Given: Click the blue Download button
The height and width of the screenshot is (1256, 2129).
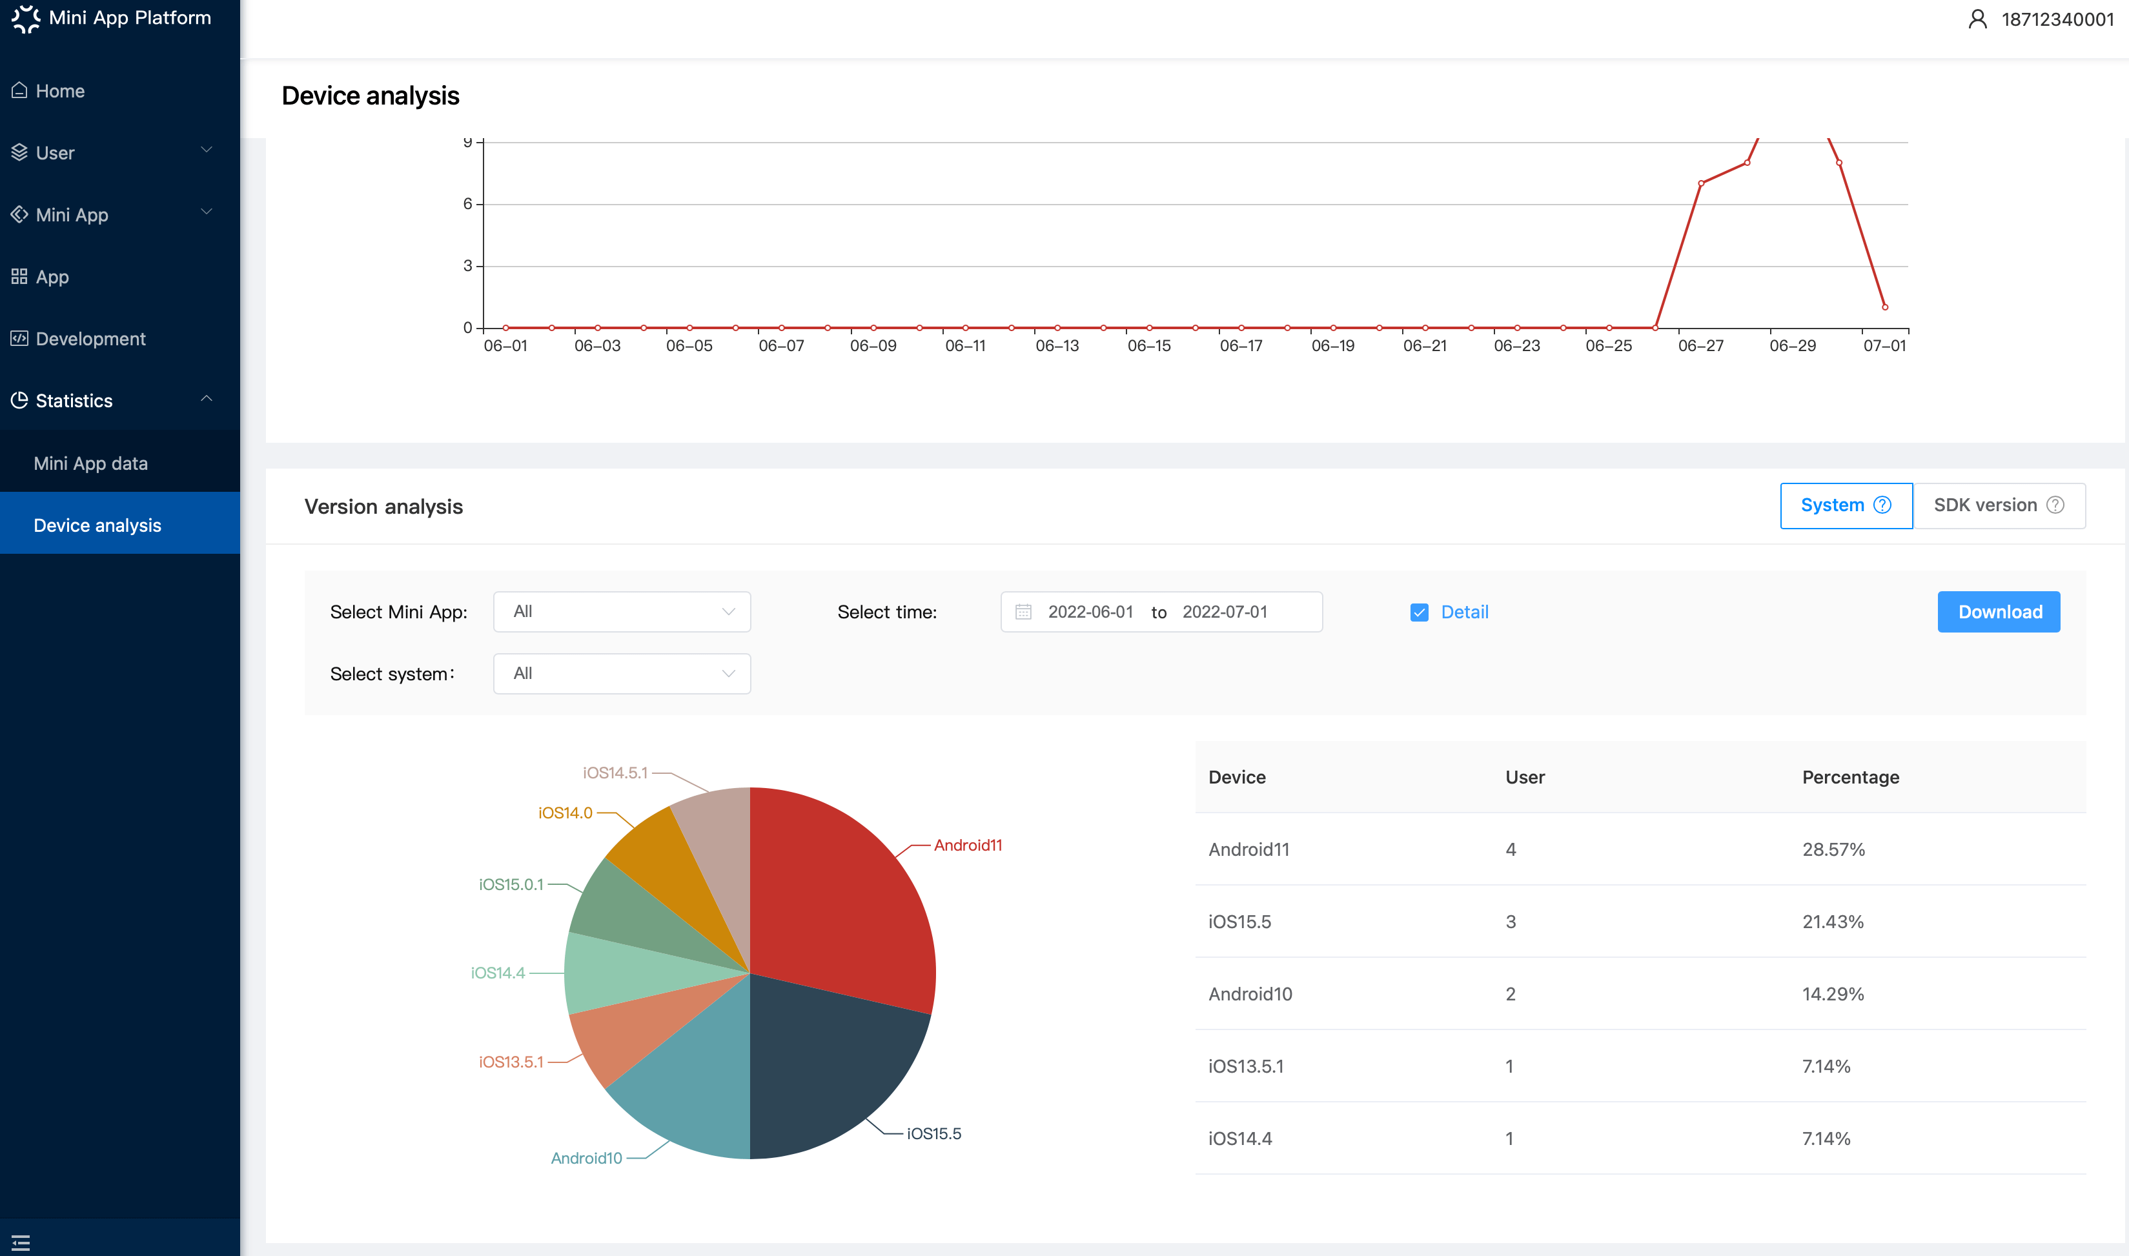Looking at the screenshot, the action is tap(1999, 612).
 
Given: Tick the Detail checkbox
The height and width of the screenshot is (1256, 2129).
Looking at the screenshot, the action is tap(1420, 612).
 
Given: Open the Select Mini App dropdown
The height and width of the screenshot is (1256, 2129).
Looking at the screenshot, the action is tap(622, 612).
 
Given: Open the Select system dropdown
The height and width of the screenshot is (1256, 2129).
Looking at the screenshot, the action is tap(622, 674).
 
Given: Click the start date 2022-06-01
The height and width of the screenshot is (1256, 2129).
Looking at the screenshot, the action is tap(1090, 612).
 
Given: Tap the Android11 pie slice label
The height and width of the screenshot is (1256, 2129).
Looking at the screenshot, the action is tap(968, 845).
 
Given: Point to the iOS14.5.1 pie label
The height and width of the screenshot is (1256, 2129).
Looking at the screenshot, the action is tap(615, 773).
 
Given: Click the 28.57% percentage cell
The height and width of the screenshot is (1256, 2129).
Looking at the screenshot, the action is tap(1833, 849).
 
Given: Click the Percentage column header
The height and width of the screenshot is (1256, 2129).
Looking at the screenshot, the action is tap(1851, 777).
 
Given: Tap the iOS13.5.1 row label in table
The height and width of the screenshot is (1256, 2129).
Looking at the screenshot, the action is tap(1246, 1066).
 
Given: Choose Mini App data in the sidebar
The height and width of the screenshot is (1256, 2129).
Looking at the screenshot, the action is tap(90, 463).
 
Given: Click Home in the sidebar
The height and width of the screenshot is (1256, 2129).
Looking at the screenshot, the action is tap(60, 90).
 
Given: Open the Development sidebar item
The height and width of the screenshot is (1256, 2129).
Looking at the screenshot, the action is tap(90, 339).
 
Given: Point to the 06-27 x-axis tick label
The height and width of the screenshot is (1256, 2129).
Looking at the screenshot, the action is tap(1700, 345).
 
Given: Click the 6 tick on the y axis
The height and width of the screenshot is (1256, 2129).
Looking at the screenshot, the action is tap(467, 203).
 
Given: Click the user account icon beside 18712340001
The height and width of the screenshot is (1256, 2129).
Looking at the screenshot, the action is tap(1977, 19).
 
